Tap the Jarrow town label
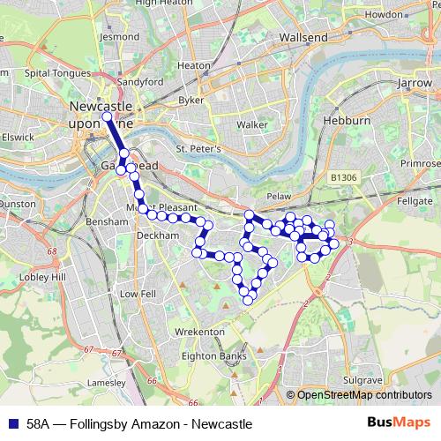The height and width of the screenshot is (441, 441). pos(414,82)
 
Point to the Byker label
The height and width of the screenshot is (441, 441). pos(191,101)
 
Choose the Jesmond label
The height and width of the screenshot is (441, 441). pos(120,38)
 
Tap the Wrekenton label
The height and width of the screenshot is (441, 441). pos(200,332)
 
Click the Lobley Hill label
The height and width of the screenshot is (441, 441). pos(47,277)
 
